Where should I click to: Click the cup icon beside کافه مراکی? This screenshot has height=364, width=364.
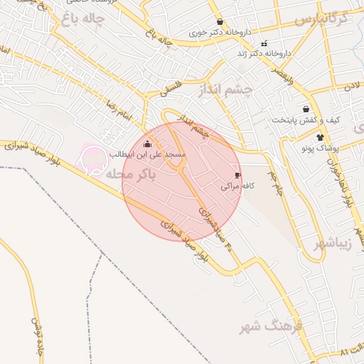[x=237, y=175]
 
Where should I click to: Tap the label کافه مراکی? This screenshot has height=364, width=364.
[x=237, y=186]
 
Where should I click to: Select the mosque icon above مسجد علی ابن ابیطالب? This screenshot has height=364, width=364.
[x=147, y=144]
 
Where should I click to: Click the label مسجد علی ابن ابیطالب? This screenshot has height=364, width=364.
[x=147, y=154]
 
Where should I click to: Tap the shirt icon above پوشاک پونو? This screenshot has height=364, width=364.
[x=321, y=137]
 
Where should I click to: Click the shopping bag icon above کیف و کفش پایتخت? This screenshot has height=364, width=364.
[x=306, y=109]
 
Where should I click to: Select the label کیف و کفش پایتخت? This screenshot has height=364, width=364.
[x=306, y=119]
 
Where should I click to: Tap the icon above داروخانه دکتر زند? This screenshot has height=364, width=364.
[x=264, y=43]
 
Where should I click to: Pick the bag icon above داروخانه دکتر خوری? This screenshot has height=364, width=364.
[x=219, y=22]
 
